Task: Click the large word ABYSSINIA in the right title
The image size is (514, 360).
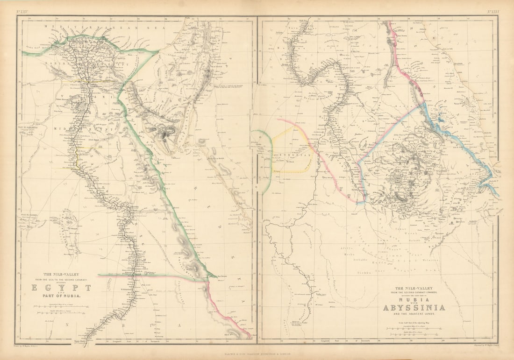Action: pos(414,308)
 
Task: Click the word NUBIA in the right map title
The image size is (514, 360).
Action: pos(413,299)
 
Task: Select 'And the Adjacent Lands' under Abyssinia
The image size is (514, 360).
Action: pos(414,315)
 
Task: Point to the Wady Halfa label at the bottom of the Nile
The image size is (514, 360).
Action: pos(92,340)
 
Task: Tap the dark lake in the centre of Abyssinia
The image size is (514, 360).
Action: pos(396,176)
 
